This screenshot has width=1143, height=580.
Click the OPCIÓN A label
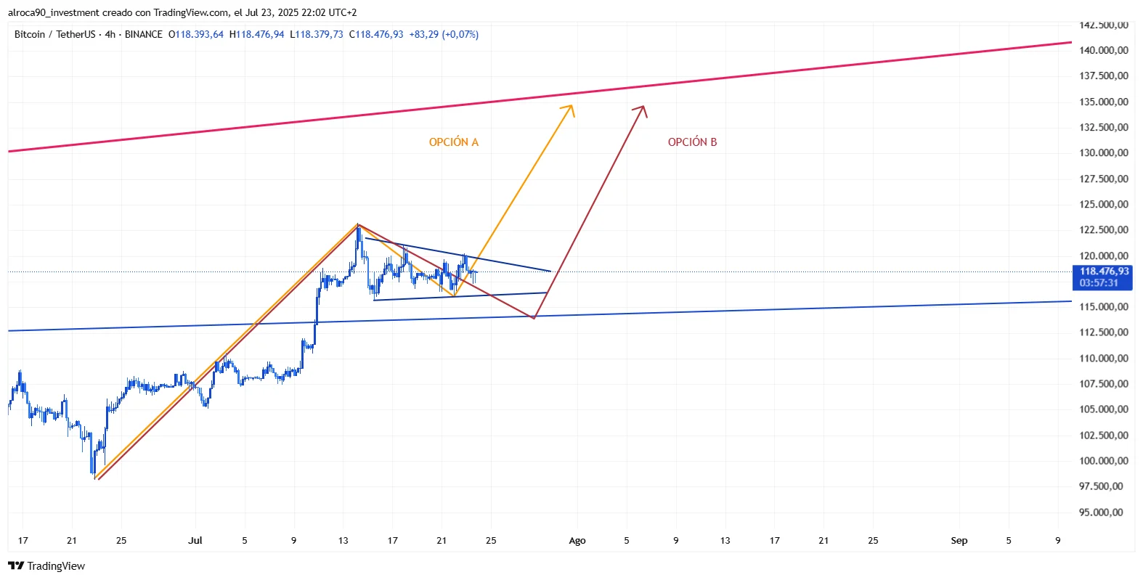click(x=453, y=142)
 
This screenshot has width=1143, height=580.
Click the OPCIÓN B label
click(x=692, y=142)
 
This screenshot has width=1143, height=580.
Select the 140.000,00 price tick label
click(x=1103, y=50)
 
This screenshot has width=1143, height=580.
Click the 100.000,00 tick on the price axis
click(x=1103, y=461)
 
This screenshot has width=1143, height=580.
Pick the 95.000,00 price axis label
click(x=1103, y=512)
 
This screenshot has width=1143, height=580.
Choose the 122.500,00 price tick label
click(x=1103, y=230)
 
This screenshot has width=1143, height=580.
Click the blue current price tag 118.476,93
click(x=1103, y=271)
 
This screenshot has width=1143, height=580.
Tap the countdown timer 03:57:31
click(x=1099, y=283)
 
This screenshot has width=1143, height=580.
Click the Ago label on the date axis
click(x=577, y=541)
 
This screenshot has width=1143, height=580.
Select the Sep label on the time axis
click(x=959, y=541)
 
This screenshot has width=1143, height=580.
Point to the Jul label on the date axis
click(x=195, y=541)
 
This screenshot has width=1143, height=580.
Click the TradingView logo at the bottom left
click(x=47, y=566)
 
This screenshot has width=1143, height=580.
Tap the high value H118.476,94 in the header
click(x=257, y=34)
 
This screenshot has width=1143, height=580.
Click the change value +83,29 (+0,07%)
click(x=444, y=34)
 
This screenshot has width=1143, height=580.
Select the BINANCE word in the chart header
click(x=143, y=34)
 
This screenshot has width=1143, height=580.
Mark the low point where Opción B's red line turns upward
click(x=534, y=318)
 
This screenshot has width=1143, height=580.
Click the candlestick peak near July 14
click(x=358, y=226)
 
